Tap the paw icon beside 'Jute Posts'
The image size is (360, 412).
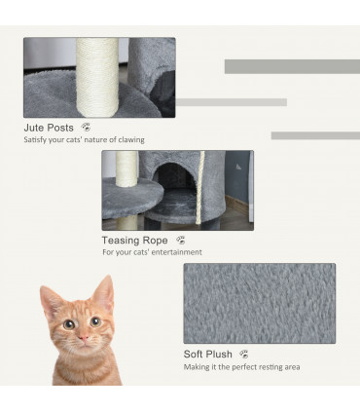[x=87, y=128]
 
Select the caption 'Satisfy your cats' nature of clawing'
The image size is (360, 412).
[x=84, y=140]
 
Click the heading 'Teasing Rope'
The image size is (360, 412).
[x=134, y=240]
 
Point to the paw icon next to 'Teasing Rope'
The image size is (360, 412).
[x=180, y=240]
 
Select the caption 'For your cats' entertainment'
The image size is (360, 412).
[x=152, y=252]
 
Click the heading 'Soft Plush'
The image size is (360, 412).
[x=208, y=355]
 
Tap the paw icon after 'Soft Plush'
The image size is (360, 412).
[x=243, y=355]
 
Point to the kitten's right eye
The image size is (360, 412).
[x=96, y=322]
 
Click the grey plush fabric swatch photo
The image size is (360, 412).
[x=259, y=303]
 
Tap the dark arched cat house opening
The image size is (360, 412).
[x=175, y=183]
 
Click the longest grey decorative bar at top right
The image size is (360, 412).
[x=292, y=66]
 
